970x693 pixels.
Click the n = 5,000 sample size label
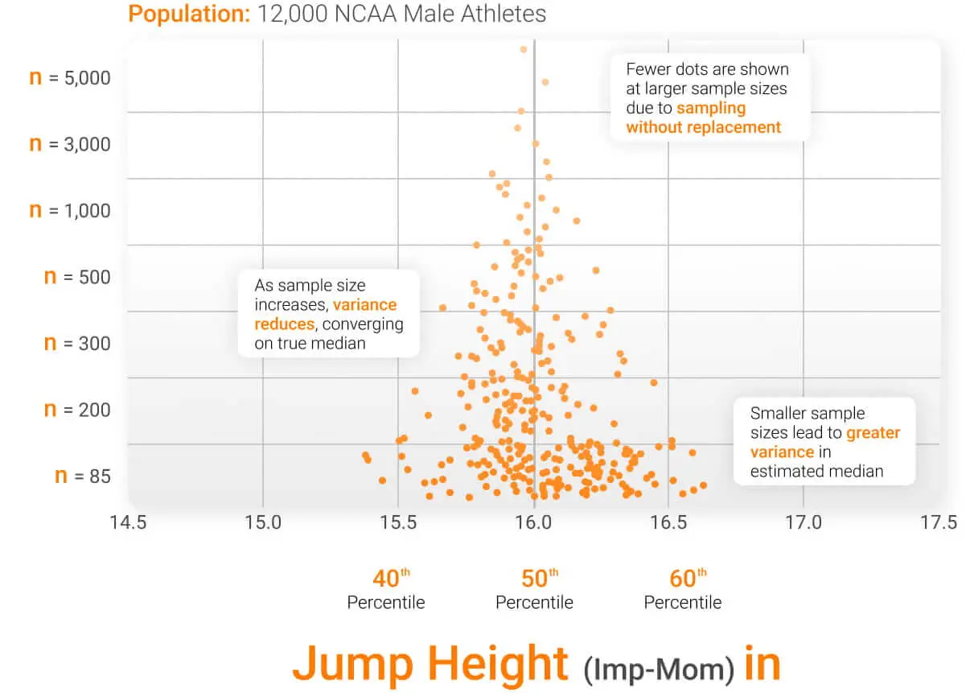point(69,79)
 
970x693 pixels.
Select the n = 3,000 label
point(69,145)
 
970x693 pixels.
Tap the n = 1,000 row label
point(69,211)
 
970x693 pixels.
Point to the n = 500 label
point(76,278)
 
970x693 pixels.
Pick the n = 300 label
point(76,344)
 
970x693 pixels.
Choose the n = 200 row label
point(76,410)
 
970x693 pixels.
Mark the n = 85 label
point(82,476)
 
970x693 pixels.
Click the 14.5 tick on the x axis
point(128,522)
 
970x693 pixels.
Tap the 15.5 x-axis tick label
point(398,522)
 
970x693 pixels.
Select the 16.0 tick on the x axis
point(533,522)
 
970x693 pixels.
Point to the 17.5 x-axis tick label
point(939,522)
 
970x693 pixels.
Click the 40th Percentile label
point(386,589)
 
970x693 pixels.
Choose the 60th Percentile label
point(683,589)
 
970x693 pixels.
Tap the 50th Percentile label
point(534,589)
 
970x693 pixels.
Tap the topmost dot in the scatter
point(524,49)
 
